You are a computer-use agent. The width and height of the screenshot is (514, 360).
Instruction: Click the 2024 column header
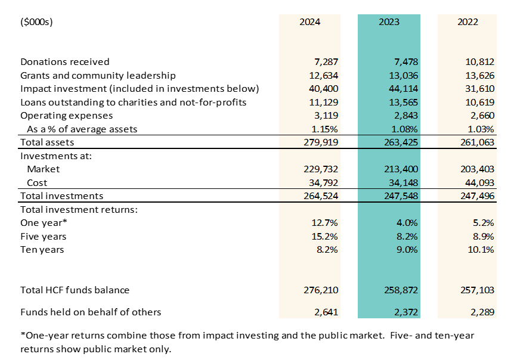click(310, 22)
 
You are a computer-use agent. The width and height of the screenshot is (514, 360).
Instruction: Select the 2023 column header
click(389, 22)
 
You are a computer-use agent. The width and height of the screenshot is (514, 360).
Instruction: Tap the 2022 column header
click(467, 22)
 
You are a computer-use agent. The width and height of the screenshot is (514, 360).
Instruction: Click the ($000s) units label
click(36, 22)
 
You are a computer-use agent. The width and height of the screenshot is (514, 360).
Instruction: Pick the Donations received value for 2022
click(480, 62)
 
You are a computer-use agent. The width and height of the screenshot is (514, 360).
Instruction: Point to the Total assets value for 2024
click(321, 142)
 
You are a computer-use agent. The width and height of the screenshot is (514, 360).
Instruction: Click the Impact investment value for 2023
click(404, 89)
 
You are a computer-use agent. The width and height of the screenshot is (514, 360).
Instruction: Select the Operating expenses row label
click(67, 116)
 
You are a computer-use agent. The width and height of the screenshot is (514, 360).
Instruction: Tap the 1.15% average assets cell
click(324, 129)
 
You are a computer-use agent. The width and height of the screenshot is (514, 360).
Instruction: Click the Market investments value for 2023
click(401, 169)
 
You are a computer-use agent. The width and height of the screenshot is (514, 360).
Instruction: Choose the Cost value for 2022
click(480, 183)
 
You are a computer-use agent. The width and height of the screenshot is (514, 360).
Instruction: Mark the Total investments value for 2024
click(321, 196)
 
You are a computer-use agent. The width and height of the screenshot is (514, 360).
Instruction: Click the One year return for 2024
click(324, 223)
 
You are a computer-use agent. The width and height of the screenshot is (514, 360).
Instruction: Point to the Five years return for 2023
click(407, 237)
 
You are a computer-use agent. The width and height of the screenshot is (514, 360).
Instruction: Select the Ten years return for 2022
click(481, 250)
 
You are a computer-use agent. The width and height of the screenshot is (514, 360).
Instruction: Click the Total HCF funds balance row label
click(75, 290)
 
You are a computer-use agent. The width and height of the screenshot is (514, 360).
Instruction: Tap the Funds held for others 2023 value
click(406, 312)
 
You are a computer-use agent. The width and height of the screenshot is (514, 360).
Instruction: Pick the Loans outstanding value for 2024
click(324, 102)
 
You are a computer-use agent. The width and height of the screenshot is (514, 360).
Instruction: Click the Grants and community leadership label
click(98, 76)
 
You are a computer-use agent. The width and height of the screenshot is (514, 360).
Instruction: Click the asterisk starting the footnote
click(23, 334)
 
